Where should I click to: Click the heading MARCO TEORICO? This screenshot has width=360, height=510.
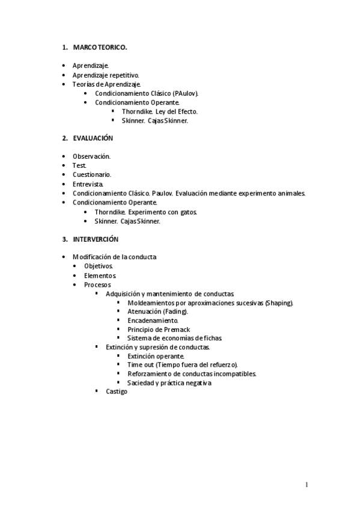(x=100, y=47)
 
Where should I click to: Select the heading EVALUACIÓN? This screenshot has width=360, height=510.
(x=93, y=138)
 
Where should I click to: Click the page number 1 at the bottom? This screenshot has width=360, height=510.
(x=307, y=485)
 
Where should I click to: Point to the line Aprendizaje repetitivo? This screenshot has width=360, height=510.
(x=106, y=75)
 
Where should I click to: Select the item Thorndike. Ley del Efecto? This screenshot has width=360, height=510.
(x=159, y=111)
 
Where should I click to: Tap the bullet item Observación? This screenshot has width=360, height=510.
(x=91, y=156)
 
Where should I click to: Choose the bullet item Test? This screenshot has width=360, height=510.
(x=80, y=165)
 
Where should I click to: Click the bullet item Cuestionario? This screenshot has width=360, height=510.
(x=92, y=174)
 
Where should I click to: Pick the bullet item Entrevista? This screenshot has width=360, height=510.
(x=88, y=184)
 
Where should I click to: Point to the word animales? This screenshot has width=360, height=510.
(x=292, y=193)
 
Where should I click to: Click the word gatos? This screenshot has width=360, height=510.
(x=188, y=212)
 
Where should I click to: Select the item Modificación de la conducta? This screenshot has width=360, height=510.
(x=114, y=257)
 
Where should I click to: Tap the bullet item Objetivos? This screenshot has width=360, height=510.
(x=99, y=266)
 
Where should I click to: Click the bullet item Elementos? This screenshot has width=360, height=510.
(x=99, y=275)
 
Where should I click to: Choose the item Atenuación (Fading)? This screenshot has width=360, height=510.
(x=157, y=312)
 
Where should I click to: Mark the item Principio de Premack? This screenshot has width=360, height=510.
(x=159, y=330)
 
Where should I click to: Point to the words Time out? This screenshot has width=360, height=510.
(x=141, y=364)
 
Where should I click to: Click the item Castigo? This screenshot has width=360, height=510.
(x=117, y=392)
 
